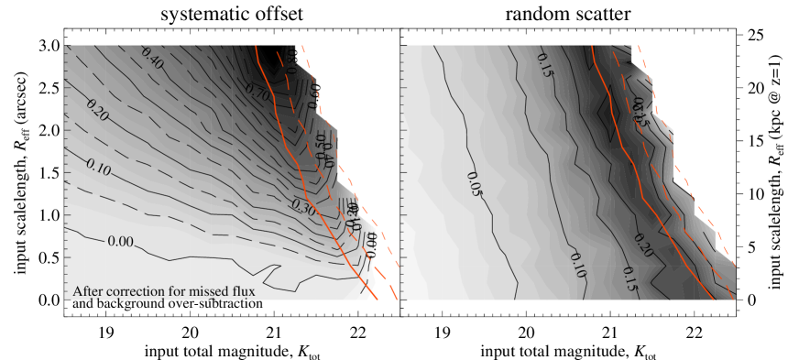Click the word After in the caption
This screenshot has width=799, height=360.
pos(89,292)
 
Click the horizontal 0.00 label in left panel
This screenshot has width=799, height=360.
pos(121,241)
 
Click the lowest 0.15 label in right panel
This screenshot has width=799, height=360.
pos(629,280)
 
